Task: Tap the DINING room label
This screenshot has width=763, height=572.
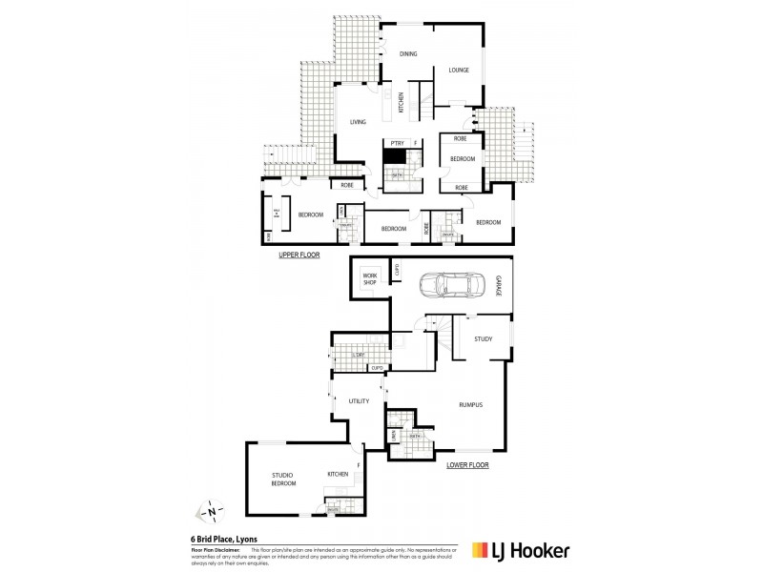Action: [x=408, y=54]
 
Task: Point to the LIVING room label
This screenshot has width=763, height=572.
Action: [x=358, y=122]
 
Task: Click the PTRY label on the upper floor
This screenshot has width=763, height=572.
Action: [x=397, y=143]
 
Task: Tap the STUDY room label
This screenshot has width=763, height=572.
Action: [x=483, y=337]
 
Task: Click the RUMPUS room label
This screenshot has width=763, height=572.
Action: [x=470, y=404]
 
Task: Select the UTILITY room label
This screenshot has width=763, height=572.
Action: [x=359, y=402]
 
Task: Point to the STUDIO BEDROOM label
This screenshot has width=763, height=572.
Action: [x=282, y=479]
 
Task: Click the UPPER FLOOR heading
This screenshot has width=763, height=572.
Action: [x=299, y=255]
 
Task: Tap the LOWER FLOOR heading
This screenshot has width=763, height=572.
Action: [x=467, y=465]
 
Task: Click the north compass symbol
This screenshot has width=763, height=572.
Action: [x=210, y=512]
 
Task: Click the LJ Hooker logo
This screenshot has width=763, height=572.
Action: [x=521, y=550]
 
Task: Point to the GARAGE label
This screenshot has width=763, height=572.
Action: [x=498, y=285]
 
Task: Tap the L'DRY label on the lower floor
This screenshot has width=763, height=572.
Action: [x=360, y=356]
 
